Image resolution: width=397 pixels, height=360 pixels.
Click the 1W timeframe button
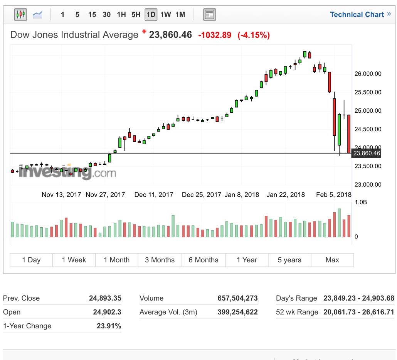click(x=166, y=15)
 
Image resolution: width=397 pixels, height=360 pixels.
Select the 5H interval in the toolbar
click(x=136, y=15)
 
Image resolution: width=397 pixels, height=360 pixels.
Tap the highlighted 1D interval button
click(x=151, y=15)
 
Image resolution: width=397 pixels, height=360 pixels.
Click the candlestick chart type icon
click(x=20, y=15)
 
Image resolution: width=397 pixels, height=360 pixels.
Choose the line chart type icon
click(x=38, y=15)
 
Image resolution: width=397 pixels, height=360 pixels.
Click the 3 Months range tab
click(x=160, y=260)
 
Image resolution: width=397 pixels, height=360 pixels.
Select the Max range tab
click(x=332, y=260)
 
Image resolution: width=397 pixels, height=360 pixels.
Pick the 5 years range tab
click(x=289, y=260)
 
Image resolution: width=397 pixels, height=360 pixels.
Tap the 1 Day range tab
click(x=31, y=260)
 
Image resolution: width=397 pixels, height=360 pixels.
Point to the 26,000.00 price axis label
click(x=367, y=74)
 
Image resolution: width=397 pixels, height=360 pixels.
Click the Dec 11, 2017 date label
click(x=154, y=194)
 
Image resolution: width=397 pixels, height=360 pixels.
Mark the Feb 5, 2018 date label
click(x=333, y=194)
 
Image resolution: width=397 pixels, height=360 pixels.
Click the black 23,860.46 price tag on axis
click(x=367, y=153)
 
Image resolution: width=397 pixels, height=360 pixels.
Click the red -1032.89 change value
click(x=215, y=35)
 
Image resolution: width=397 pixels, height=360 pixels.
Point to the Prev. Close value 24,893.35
click(x=105, y=298)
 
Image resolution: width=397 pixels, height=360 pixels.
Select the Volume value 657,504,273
click(x=237, y=298)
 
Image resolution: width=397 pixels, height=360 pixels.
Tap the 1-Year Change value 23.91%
click(x=109, y=326)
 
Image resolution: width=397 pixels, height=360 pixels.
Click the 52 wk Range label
click(x=297, y=312)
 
